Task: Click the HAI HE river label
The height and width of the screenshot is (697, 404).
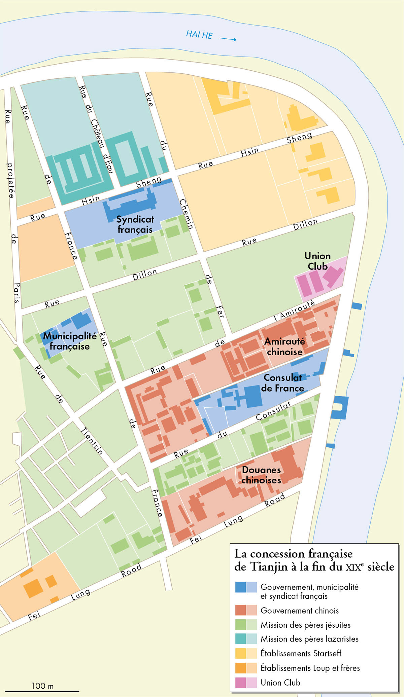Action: (199, 34)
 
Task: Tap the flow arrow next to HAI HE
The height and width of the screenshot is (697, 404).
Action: (228, 39)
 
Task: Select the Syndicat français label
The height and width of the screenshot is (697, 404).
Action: (135, 224)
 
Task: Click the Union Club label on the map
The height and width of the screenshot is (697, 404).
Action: (317, 261)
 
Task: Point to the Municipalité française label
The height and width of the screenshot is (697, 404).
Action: (70, 341)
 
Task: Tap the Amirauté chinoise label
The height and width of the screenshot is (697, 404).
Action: (284, 346)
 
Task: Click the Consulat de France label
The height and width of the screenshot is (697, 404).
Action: (282, 383)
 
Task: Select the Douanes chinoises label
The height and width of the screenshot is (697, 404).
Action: (261, 475)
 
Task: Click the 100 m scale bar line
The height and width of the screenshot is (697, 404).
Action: (42, 691)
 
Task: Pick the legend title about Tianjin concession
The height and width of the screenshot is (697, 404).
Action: (314, 560)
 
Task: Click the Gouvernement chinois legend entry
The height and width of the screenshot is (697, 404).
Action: (299, 611)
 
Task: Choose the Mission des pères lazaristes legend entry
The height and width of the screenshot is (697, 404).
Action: (309, 639)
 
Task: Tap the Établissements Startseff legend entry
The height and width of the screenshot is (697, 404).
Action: (301, 653)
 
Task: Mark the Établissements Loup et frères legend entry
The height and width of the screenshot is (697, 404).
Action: (310, 668)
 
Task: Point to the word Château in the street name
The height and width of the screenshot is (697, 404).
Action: (97, 134)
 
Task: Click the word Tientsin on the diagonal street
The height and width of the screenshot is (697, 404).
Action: (92, 441)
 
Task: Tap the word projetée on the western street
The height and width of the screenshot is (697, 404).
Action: (10, 180)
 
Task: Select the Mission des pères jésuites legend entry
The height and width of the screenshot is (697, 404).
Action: (305, 625)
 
